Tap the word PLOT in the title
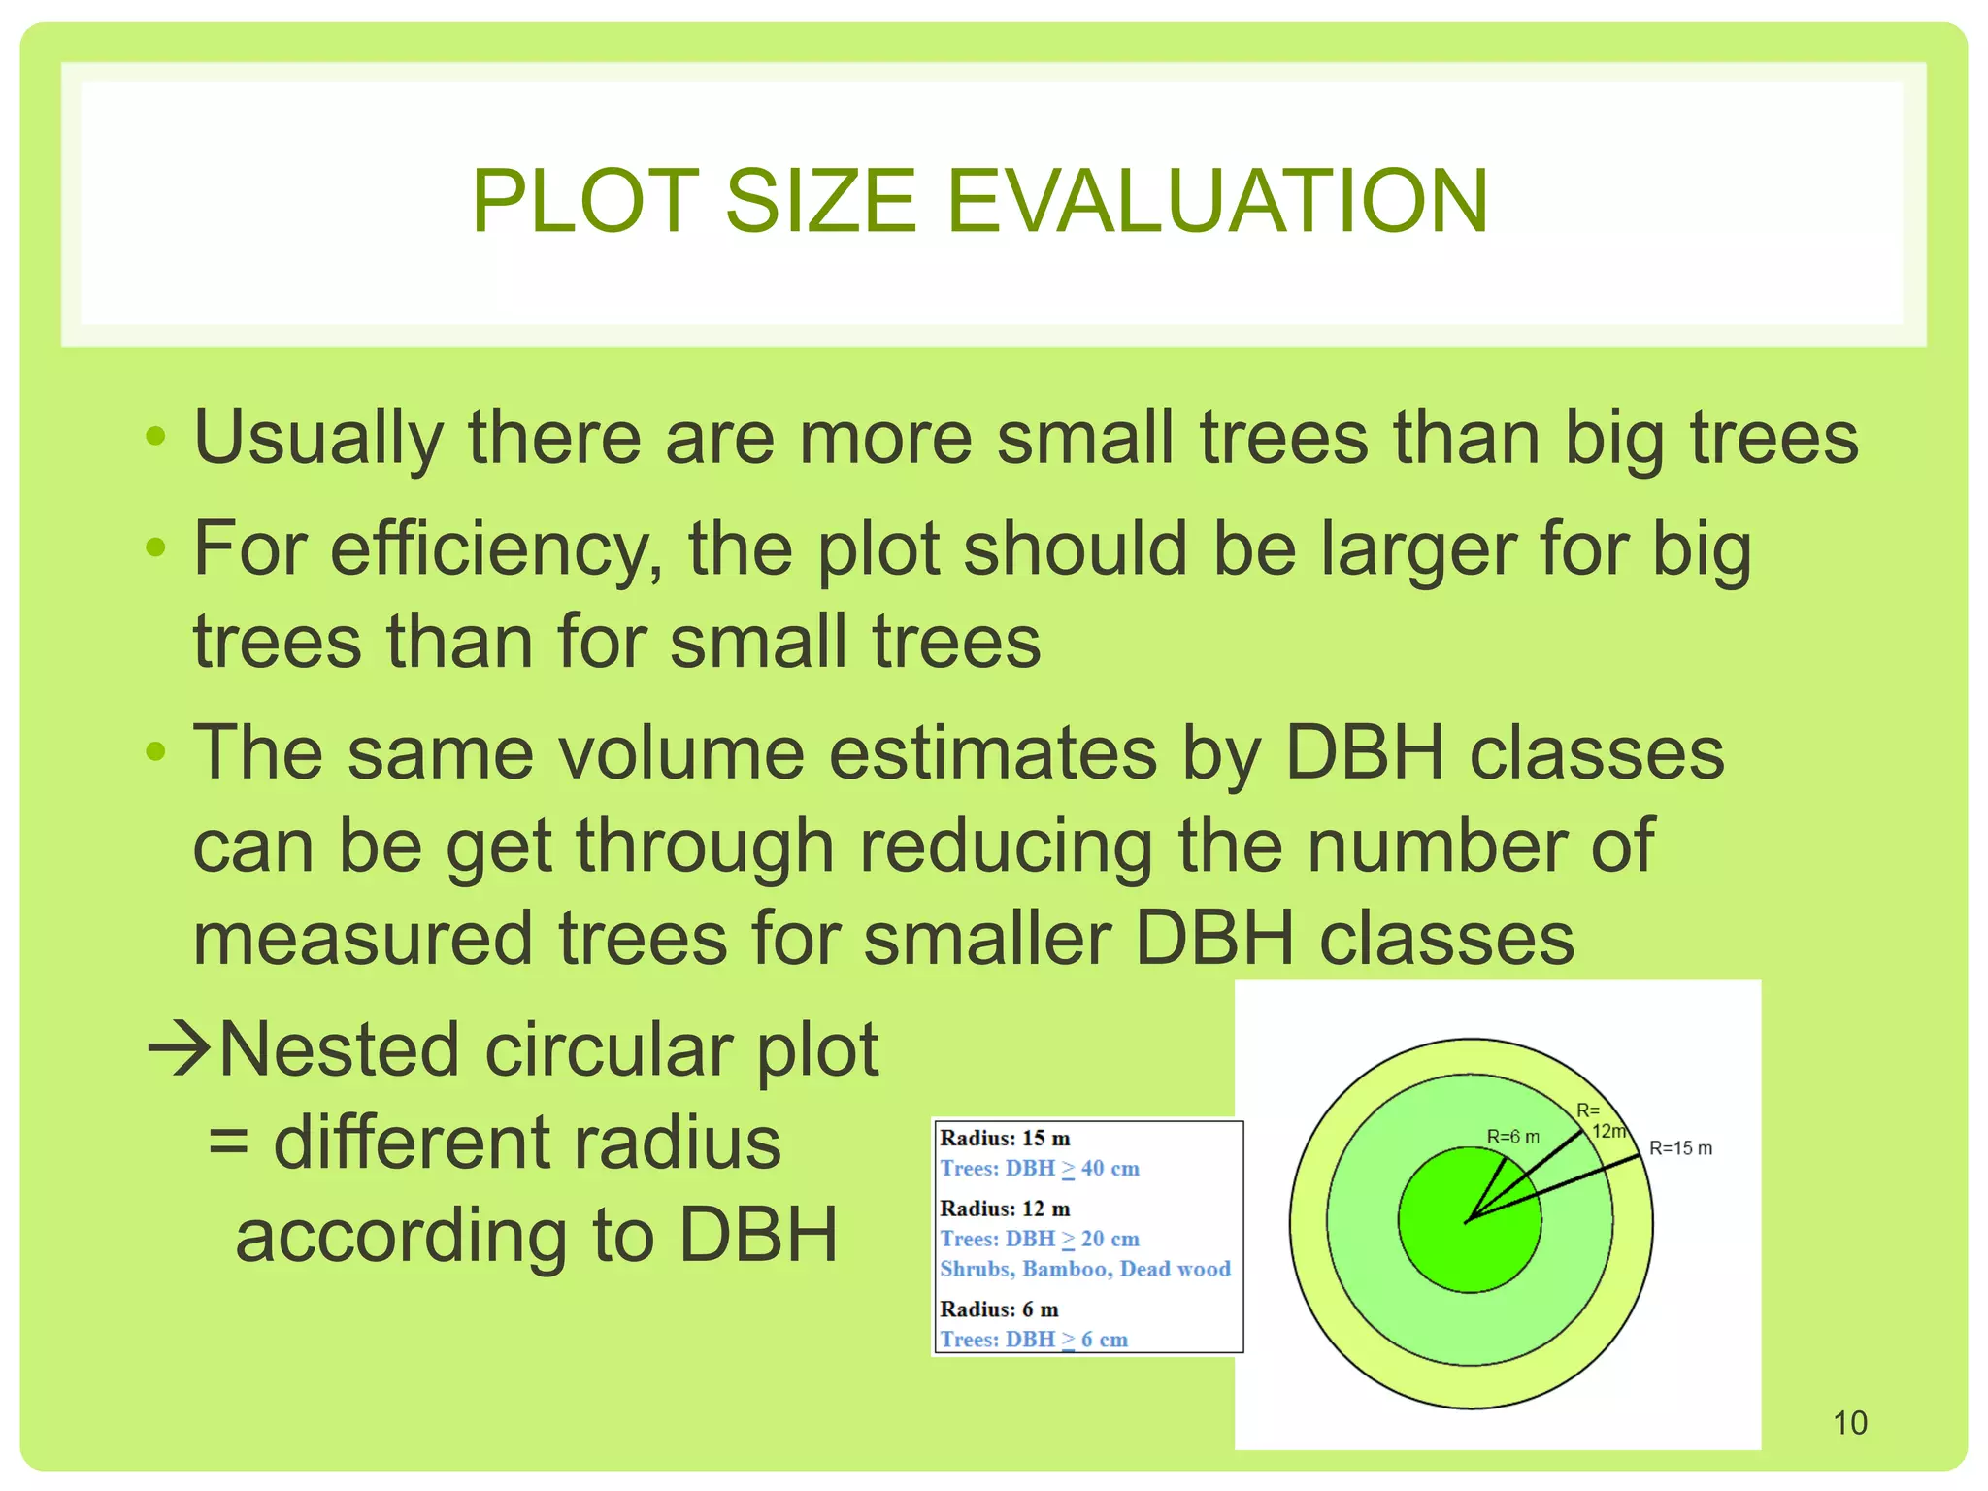[585, 201]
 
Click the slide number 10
[1849, 1423]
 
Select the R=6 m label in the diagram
[1512, 1137]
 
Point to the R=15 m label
[1680, 1148]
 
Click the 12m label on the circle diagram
[1607, 1131]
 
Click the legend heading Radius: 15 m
[1005, 1138]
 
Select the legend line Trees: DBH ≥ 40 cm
[1039, 1169]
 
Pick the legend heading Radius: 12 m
[1005, 1209]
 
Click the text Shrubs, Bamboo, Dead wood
[1084, 1269]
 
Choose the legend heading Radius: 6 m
[999, 1309]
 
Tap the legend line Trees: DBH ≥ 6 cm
[1033, 1340]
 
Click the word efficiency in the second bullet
[495, 549]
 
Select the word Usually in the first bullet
[318, 439]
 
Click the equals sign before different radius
[229, 1143]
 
